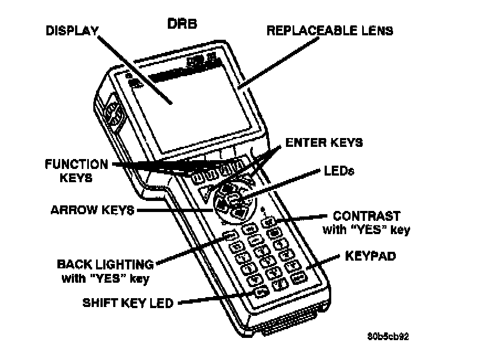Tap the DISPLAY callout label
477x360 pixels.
(x=71, y=31)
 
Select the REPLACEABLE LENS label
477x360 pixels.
(x=330, y=31)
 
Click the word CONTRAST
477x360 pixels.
(x=367, y=215)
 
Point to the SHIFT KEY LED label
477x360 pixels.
(x=128, y=303)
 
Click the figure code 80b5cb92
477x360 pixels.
(x=389, y=335)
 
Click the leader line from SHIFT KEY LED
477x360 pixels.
(x=215, y=297)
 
